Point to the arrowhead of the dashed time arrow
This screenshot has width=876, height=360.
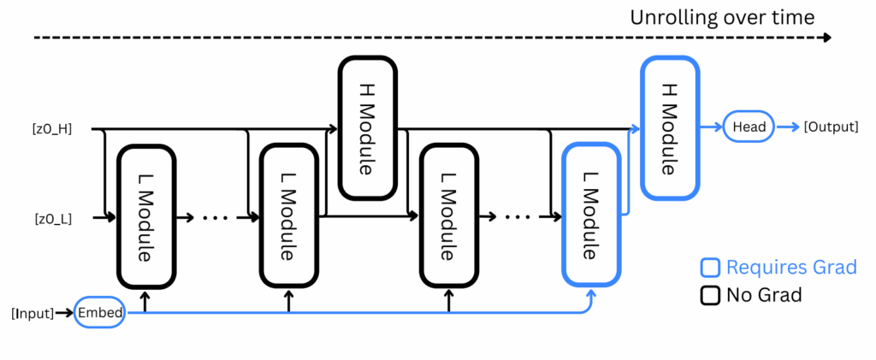827,38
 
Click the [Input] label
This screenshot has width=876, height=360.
33,313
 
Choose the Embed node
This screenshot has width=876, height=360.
99,312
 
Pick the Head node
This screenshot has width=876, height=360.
749,127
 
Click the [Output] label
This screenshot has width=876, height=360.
831,127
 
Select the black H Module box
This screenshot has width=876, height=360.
368,127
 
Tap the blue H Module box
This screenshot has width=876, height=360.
669,127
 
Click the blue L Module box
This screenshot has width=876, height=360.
592,215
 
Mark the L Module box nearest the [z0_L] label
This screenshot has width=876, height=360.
146,216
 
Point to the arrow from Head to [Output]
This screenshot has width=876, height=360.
788,127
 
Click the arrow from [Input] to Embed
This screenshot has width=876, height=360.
64,313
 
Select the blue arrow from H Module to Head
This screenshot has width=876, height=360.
711,127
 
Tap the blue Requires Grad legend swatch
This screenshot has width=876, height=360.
710,268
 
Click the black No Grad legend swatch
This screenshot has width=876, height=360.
710,295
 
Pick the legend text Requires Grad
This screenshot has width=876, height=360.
791,268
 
